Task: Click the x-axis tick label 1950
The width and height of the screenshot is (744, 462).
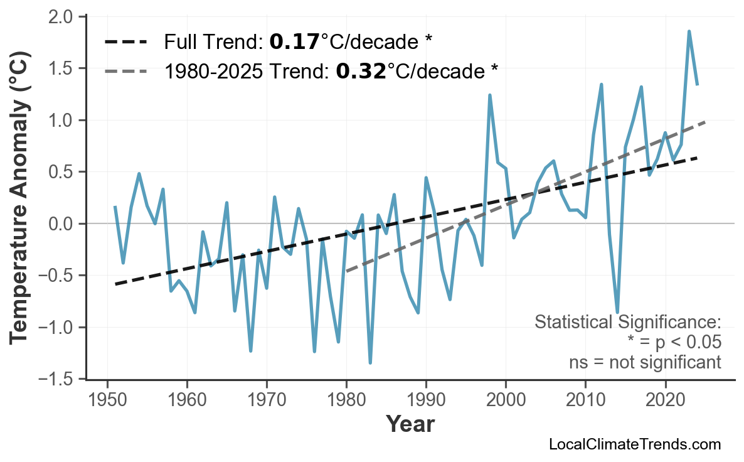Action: tap(107, 400)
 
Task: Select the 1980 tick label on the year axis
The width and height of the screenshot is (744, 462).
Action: tap(346, 400)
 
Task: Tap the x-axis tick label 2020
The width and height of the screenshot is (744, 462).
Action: tap(665, 400)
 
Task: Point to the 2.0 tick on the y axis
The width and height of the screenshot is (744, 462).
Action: tap(61, 16)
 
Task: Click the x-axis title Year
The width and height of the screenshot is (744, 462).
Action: tap(410, 424)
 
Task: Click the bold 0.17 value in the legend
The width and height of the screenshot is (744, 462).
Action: tap(294, 42)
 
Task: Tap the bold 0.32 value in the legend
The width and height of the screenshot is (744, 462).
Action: tap(361, 71)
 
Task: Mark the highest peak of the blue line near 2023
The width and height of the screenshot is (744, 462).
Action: tap(689, 31)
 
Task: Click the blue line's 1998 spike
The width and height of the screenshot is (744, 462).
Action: tap(489, 95)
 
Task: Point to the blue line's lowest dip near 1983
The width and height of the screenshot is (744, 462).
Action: tap(370, 362)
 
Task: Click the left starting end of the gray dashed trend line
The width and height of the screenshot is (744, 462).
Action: tap(347, 271)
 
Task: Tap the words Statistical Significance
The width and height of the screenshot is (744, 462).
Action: tap(627, 323)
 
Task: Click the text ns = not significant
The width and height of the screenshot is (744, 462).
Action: tap(644, 362)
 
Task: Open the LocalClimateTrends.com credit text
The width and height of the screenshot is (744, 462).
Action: tap(634, 444)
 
